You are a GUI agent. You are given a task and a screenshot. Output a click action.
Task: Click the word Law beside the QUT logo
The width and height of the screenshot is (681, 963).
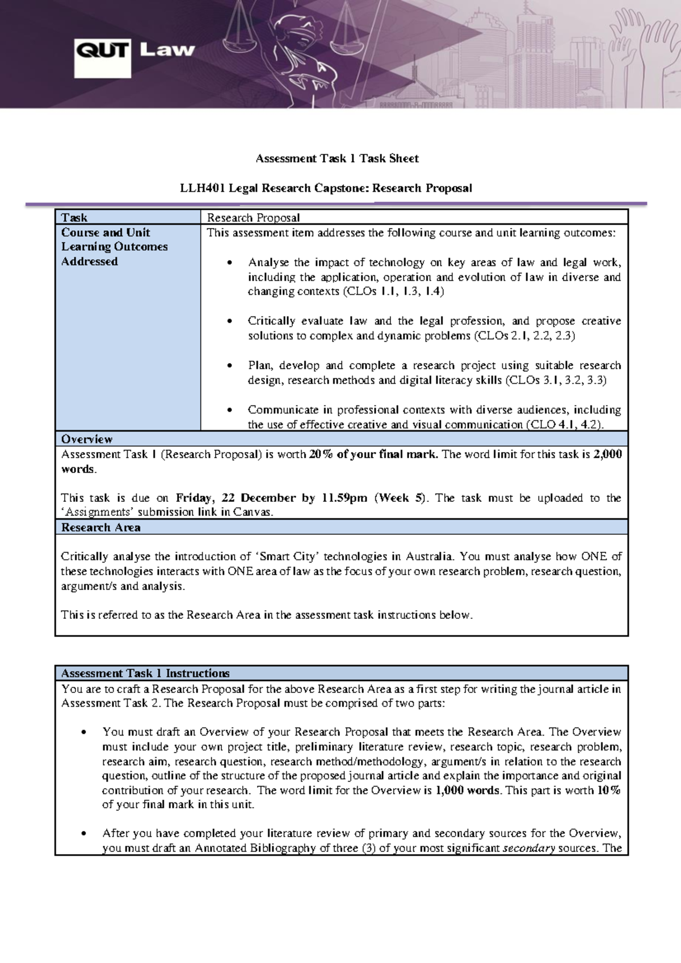pyautogui.click(x=167, y=50)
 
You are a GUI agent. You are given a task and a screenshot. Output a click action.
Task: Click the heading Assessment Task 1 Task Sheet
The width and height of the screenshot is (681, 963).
pyautogui.click(x=337, y=159)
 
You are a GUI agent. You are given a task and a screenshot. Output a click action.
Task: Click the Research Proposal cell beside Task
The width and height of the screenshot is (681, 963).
pyautogui.click(x=253, y=218)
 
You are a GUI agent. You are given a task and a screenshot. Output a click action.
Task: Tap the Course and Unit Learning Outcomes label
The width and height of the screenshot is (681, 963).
pyautogui.click(x=114, y=247)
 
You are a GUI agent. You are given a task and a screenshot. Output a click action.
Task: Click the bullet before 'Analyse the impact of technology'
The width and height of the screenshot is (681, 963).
pyautogui.click(x=229, y=263)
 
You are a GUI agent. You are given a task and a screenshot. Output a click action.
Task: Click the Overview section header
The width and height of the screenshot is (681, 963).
pyautogui.click(x=87, y=439)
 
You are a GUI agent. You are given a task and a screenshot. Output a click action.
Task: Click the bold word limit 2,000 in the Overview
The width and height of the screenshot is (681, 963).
pyautogui.click(x=608, y=454)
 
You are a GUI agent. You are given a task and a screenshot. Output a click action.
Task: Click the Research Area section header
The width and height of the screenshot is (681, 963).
pyautogui.click(x=100, y=527)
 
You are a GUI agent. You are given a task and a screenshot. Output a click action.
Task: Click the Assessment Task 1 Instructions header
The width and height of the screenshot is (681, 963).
pyautogui.click(x=145, y=673)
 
